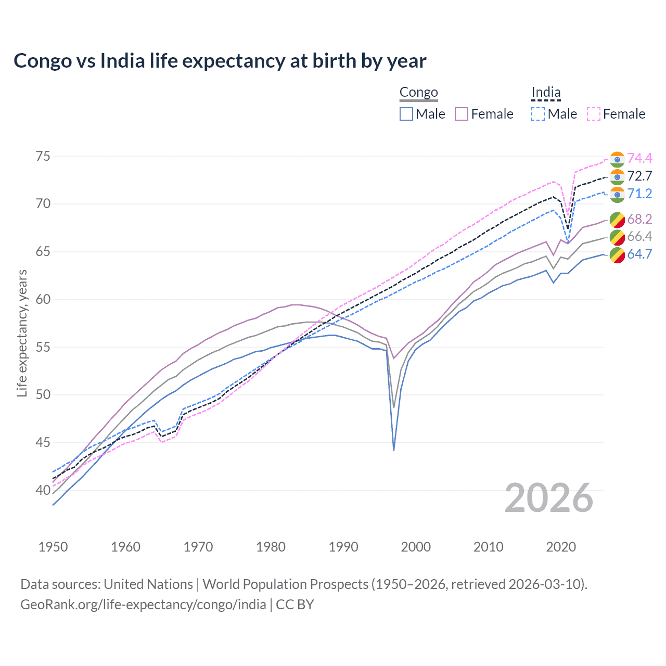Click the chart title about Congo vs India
(220, 61)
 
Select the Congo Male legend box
(406, 114)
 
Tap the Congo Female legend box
(462, 114)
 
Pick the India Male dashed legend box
(538, 114)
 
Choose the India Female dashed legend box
(594, 114)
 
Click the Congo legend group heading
(418, 93)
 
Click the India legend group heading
(546, 93)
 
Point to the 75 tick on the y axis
(43, 156)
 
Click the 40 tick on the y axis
(43, 490)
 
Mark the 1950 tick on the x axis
(53, 547)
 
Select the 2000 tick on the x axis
(416, 547)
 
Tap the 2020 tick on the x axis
(561, 547)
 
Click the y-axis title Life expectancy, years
(22, 333)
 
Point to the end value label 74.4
(639, 158)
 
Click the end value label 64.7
(639, 254)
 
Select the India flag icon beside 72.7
(617, 176)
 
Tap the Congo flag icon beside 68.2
(617, 219)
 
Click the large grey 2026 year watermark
(549, 498)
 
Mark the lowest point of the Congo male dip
(394, 450)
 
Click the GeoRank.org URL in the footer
(143, 605)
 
